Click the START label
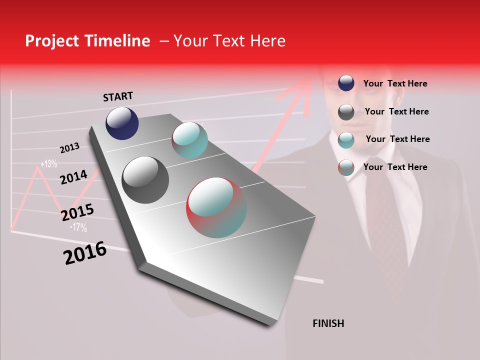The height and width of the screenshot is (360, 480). tap(118, 96)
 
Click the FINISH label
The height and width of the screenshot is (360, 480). tap(328, 323)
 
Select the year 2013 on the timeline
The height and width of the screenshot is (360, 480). tap(69, 148)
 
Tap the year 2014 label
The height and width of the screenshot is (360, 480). tap(73, 177)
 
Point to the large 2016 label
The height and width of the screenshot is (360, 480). tap(85, 253)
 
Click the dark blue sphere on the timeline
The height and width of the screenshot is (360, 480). tap(122, 123)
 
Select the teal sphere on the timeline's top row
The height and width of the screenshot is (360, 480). tap(189, 140)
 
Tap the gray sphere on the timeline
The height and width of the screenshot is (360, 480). tap(145, 180)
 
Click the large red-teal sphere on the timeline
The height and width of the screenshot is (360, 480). tap(216, 207)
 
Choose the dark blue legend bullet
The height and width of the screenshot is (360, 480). tap(346, 83)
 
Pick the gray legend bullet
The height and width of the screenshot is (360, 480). tap(346, 112)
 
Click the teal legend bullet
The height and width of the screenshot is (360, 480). tap(346, 140)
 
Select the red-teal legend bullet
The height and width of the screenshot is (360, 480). tap(346, 167)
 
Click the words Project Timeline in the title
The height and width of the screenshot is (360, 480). tap(87, 41)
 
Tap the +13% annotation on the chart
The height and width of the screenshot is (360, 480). tap(49, 163)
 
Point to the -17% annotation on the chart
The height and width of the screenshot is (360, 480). tap(78, 227)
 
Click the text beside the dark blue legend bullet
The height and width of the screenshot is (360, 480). tap(395, 84)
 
